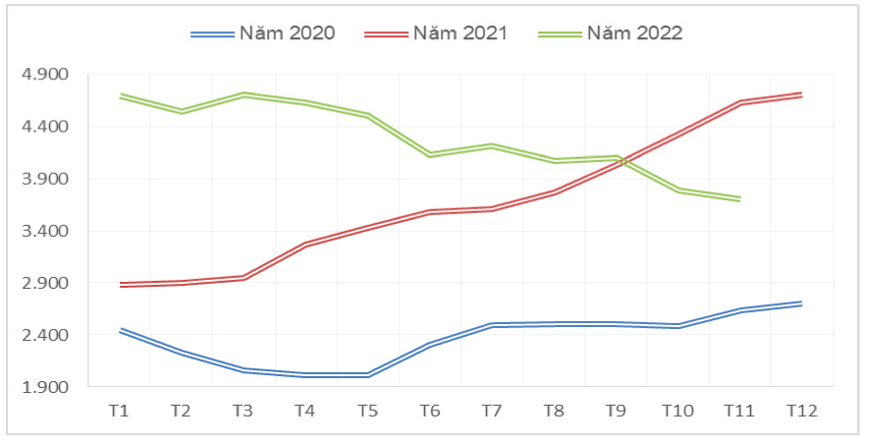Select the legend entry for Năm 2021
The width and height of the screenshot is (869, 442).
436,32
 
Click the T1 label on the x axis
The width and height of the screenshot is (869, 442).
119,410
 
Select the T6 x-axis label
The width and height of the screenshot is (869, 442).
429,410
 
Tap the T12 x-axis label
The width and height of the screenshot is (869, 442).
801,410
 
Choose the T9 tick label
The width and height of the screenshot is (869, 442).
616,410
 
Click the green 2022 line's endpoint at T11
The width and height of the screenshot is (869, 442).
739,198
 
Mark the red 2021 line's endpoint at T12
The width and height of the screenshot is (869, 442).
801,94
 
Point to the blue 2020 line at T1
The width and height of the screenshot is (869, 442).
119,330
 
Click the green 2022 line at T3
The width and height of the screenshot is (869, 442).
244,94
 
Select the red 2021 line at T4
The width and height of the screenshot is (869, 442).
305,244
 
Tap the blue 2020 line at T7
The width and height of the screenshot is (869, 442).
491,324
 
